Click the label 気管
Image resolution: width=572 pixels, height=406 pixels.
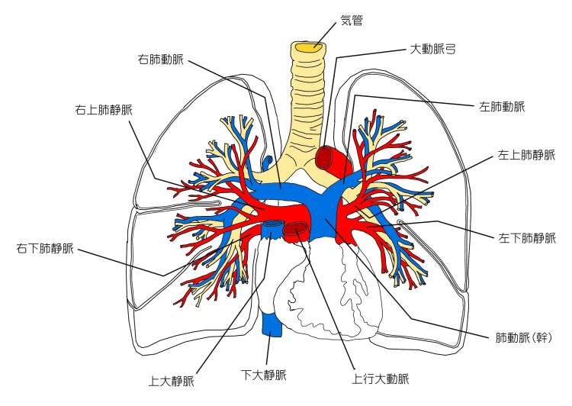352,20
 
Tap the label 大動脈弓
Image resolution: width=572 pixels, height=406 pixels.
432,49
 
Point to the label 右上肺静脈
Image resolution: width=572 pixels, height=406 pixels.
104,109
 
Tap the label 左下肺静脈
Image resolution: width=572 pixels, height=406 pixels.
527,237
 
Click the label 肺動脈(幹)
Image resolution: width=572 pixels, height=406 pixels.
523,337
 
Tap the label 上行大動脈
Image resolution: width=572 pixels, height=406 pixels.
381,379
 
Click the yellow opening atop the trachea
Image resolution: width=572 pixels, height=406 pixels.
309,47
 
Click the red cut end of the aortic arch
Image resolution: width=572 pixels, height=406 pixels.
325,158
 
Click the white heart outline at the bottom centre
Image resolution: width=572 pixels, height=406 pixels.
328,298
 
